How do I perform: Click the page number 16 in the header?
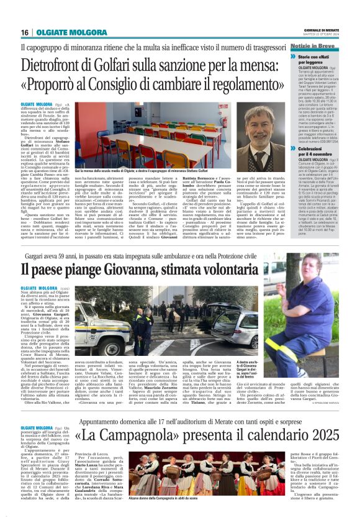click(24, 32)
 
